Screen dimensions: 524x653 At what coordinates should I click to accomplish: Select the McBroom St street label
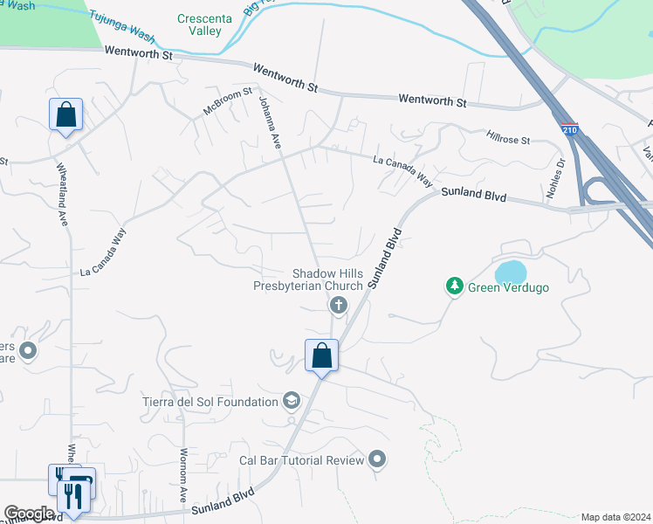(x=228, y=102)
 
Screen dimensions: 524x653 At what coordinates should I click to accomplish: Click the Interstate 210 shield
(x=569, y=129)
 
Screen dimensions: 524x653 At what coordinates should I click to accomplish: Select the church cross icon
(x=337, y=305)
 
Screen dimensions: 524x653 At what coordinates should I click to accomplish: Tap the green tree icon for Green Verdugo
(x=454, y=286)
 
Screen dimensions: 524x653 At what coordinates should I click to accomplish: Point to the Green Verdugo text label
(x=508, y=287)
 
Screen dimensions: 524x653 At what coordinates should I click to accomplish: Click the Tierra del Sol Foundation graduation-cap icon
(x=292, y=401)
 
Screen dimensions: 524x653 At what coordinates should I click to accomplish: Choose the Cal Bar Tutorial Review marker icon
(x=377, y=458)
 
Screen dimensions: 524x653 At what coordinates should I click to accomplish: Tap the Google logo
(x=29, y=513)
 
